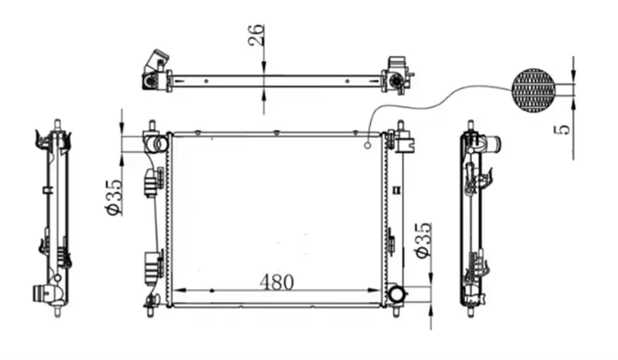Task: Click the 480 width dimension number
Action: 277,282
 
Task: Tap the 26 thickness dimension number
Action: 256,35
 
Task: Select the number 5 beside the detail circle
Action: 564,129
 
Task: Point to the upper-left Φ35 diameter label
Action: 114,197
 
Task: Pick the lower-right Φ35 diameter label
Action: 423,240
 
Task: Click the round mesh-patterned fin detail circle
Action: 533,90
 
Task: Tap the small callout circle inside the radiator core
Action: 368,146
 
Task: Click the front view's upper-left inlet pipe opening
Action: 161,144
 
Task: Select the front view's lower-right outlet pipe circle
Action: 396,294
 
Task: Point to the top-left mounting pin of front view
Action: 152,126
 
